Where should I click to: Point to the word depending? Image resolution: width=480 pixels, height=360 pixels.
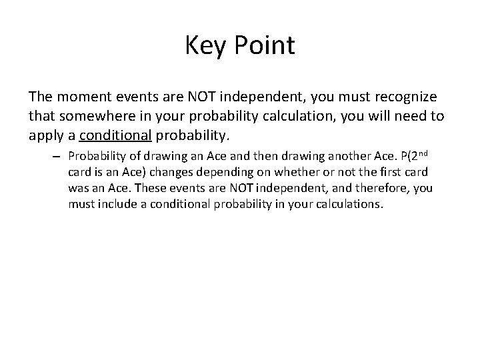pos(217,173)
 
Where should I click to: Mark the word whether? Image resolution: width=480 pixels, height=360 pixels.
pos(278,173)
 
